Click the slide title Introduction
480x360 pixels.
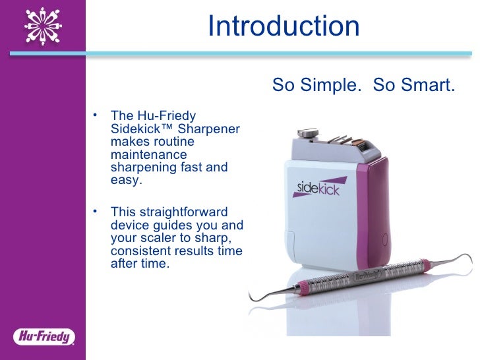(284, 27)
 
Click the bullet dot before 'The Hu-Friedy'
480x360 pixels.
(96, 115)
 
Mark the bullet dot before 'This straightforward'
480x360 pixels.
(96, 211)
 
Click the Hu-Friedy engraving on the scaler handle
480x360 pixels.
(371, 278)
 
